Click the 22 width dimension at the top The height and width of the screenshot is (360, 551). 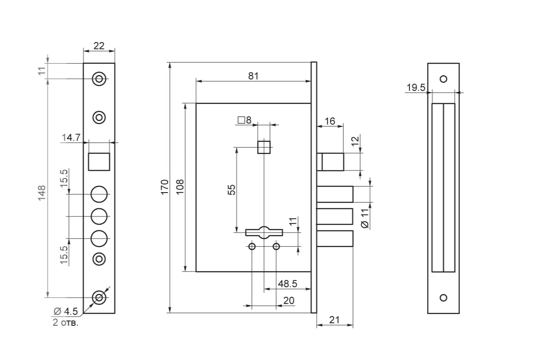click(99, 46)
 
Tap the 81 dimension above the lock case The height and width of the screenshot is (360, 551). click(253, 75)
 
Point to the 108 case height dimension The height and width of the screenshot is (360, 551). click(180, 187)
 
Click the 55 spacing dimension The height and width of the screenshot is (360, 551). click(231, 190)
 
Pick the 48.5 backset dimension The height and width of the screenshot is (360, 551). click(287, 284)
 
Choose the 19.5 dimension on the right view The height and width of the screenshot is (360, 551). click(416, 88)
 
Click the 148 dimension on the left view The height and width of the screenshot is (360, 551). click(42, 193)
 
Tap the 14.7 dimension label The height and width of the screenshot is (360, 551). click(71, 137)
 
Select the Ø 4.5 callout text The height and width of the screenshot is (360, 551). click(65, 311)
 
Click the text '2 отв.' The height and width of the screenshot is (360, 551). click(66, 323)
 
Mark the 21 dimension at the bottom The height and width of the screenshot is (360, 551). click(334, 320)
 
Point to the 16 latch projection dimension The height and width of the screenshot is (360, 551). click(330, 121)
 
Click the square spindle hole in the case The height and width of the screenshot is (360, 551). click(264, 147)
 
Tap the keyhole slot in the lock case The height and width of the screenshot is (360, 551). click(264, 232)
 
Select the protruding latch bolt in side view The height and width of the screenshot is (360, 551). click(333, 162)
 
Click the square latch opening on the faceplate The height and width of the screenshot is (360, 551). click(99, 162)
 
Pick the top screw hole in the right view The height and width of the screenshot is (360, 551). click(443, 79)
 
